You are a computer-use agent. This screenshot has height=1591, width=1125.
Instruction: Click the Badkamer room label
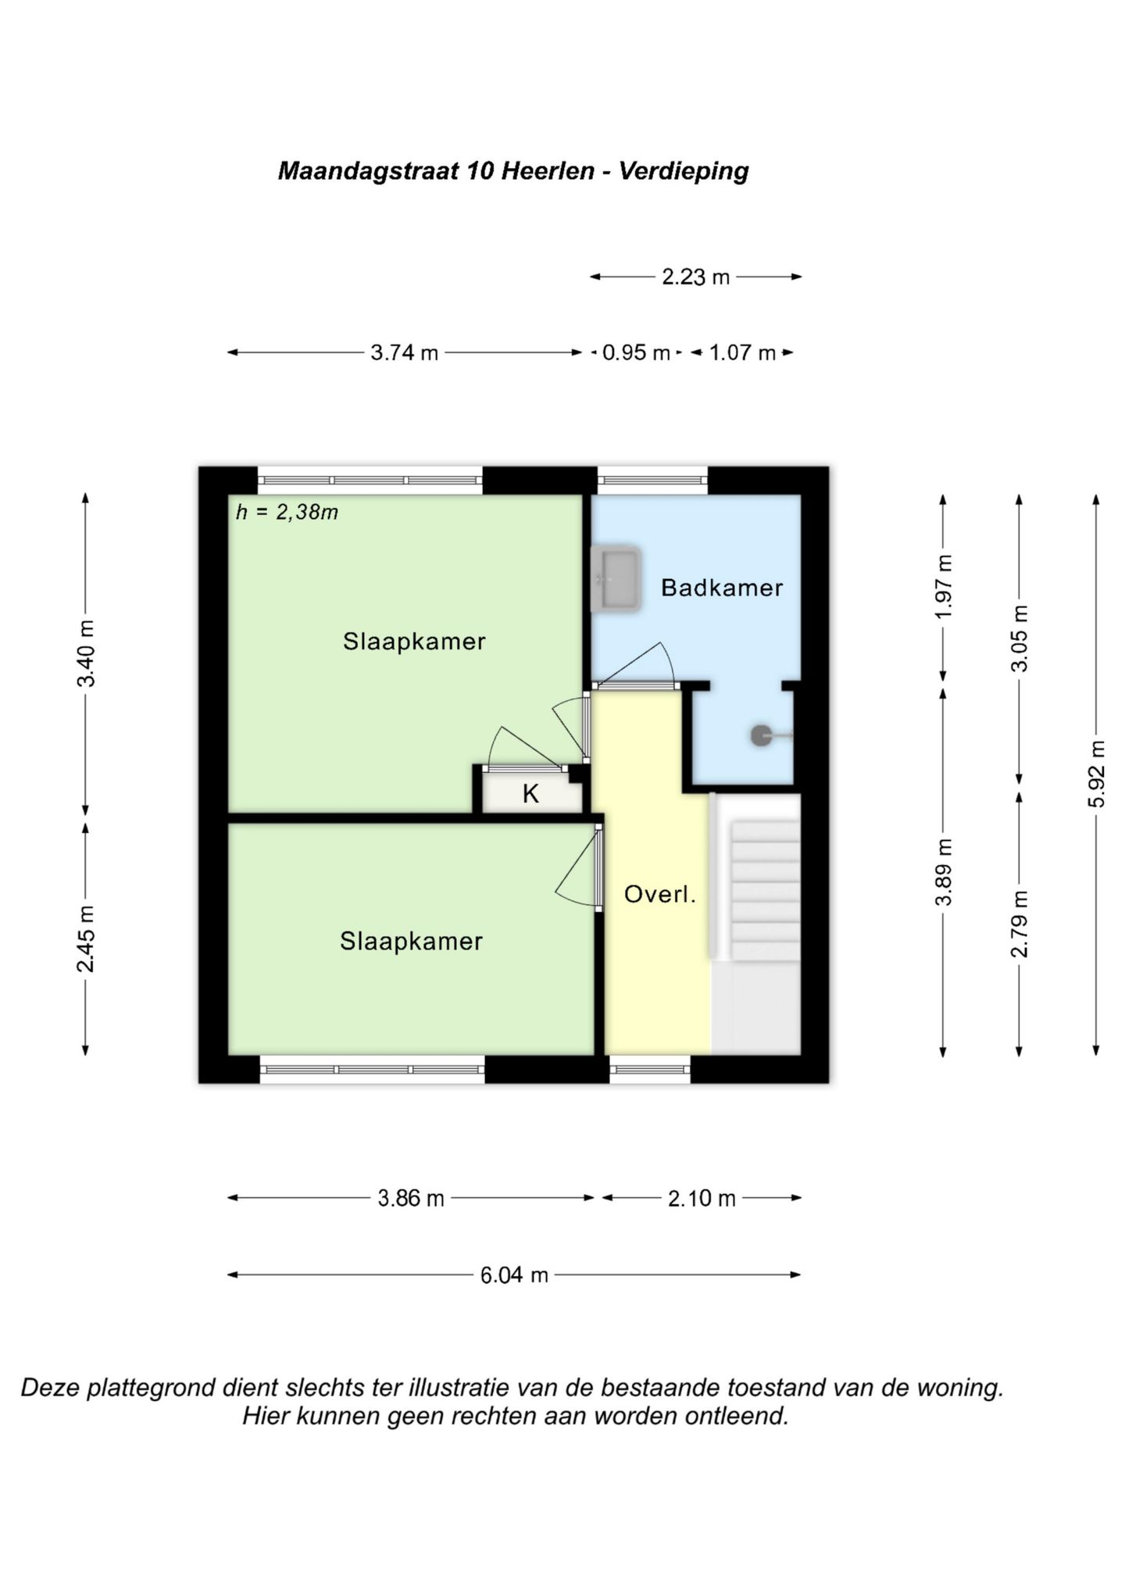[721, 588]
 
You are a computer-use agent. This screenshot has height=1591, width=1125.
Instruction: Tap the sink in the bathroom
[616, 579]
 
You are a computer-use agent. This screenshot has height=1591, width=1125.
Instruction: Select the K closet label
[530, 794]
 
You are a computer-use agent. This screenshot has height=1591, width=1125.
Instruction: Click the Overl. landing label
[659, 894]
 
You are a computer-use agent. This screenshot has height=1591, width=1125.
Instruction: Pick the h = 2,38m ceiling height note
[287, 513]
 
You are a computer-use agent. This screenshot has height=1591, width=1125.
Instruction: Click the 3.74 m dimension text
[404, 352]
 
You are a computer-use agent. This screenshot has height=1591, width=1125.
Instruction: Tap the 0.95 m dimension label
[636, 352]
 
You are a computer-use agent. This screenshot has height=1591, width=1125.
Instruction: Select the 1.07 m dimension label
[742, 352]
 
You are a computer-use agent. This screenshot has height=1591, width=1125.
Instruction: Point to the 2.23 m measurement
[695, 277]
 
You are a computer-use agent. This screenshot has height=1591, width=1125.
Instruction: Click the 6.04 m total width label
[514, 1275]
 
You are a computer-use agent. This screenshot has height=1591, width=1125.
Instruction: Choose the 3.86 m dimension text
[410, 1198]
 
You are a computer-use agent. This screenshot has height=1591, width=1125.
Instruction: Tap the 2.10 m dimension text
[702, 1198]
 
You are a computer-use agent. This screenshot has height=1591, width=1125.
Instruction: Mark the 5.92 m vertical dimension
[1098, 774]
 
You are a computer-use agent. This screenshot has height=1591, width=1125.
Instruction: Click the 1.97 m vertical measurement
[945, 586]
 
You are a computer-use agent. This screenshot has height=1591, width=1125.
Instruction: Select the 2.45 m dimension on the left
[86, 939]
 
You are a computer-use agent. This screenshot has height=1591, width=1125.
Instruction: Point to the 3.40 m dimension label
[86, 653]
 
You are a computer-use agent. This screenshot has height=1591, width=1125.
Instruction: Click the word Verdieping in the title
[684, 171]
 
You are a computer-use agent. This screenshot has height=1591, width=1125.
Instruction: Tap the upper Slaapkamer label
[414, 642]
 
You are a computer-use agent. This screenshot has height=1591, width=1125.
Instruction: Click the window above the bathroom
[652, 480]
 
